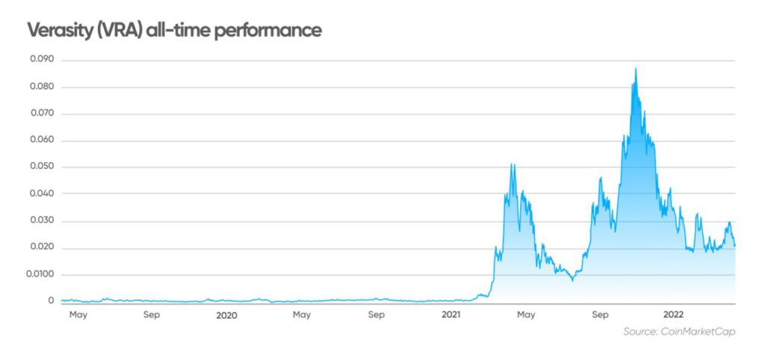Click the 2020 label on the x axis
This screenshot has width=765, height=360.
pos(226,315)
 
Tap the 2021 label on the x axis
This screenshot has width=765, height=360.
pos(450,315)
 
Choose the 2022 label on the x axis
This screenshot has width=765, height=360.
pos(674,315)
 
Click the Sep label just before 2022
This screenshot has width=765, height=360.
pos(599,315)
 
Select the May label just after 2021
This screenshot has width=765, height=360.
pos(526,315)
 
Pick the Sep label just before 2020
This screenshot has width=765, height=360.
pos(152,315)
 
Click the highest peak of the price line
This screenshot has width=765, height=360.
pos(636,68)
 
